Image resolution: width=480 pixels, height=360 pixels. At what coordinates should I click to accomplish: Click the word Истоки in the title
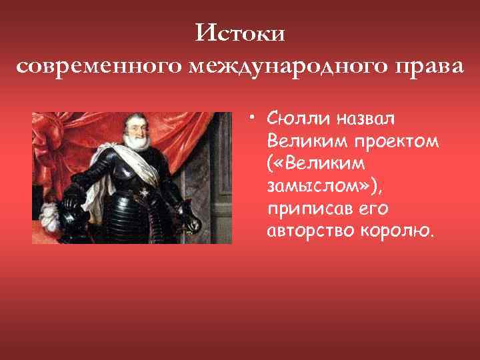click(241, 33)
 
